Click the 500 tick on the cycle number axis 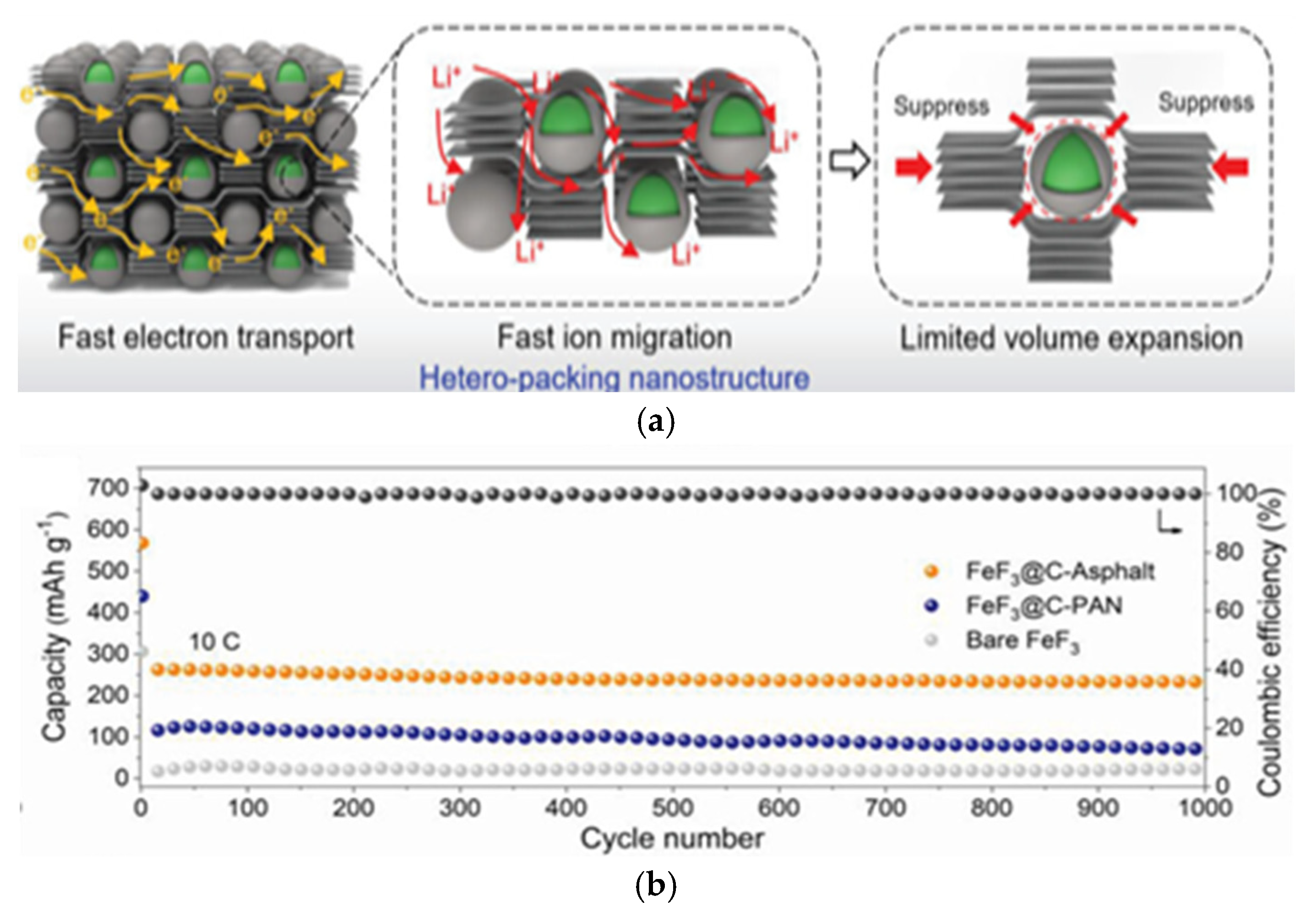tap(673, 808)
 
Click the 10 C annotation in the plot tap(215, 642)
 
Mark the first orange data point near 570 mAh tap(143, 543)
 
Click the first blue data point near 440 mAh tap(143, 596)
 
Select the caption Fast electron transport tap(206, 337)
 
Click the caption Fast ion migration tap(615, 337)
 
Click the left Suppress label tap(941, 106)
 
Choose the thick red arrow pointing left tap(1230, 167)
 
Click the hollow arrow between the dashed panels tap(849, 162)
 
